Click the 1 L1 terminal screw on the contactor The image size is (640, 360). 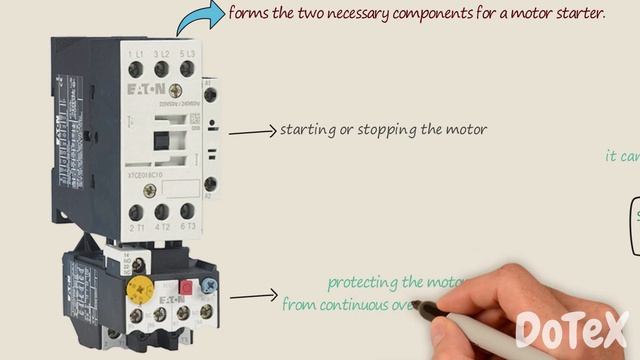136,68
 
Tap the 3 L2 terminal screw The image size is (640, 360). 161,68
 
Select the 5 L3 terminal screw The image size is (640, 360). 186,68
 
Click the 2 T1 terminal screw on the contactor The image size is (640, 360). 136,212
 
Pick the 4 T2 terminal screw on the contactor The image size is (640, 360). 161,212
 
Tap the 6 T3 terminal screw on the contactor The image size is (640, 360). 186,212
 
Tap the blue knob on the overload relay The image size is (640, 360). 208,286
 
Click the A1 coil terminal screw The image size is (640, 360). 210,97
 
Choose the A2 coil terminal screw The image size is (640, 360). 210,183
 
